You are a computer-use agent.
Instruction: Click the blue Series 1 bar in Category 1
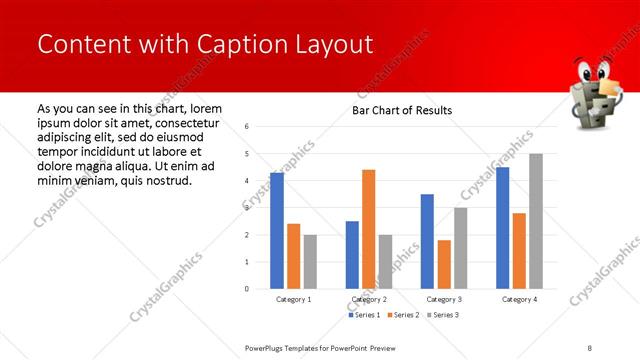click(x=277, y=231)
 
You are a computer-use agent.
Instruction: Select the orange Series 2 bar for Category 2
click(x=369, y=229)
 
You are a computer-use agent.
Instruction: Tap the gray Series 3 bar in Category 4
click(x=536, y=221)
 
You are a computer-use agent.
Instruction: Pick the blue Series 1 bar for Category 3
click(x=427, y=241)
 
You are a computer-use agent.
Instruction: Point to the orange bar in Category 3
click(x=444, y=264)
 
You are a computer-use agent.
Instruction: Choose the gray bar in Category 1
click(x=310, y=262)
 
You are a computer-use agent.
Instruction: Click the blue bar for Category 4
click(x=503, y=228)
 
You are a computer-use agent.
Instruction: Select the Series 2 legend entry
click(x=402, y=315)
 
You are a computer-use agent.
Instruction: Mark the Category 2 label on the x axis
click(x=369, y=299)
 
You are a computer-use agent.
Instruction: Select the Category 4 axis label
click(x=519, y=299)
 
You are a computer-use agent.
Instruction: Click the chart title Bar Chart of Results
click(x=402, y=110)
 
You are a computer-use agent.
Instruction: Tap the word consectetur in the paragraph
click(x=188, y=122)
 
